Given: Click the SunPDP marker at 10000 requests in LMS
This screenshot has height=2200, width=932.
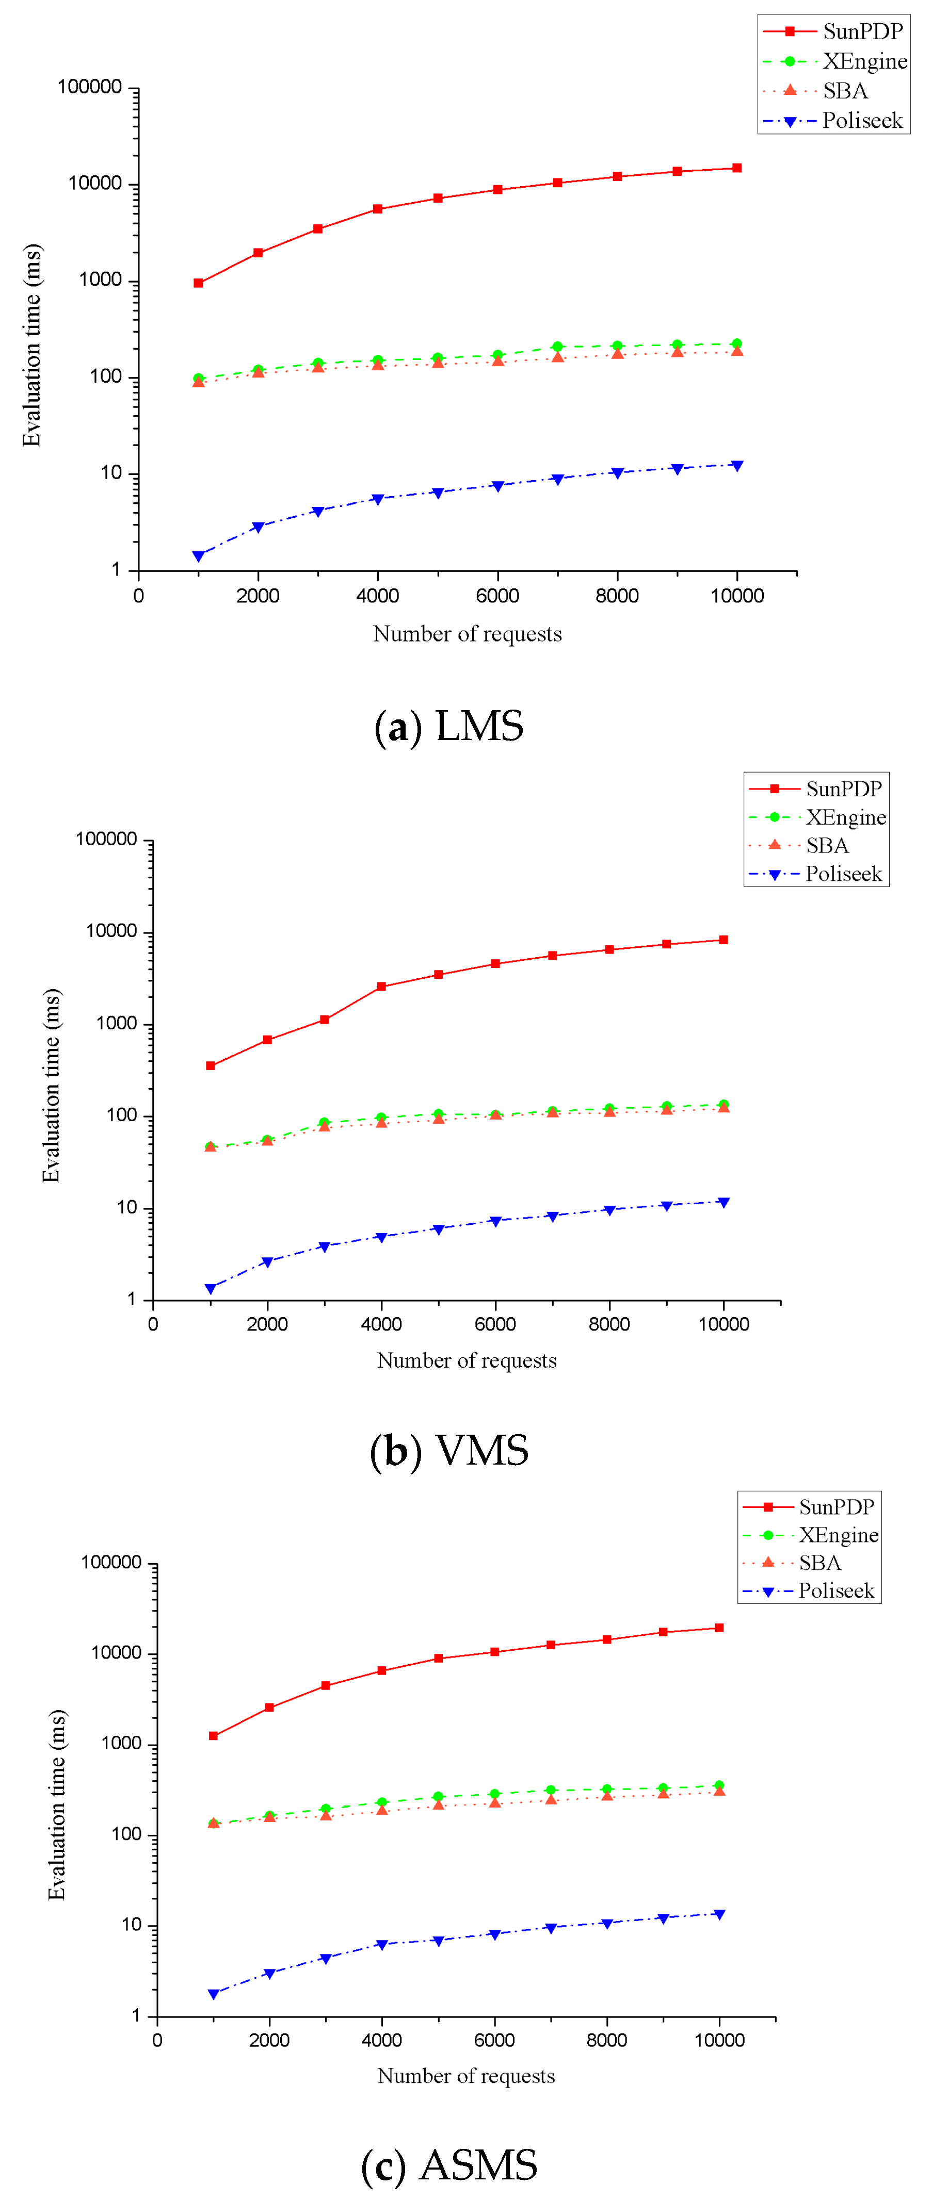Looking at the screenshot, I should [x=736, y=168].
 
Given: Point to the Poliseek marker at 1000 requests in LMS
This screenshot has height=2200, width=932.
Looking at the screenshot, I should [x=198, y=556].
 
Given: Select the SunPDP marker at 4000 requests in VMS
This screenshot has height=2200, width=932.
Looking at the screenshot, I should [x=381, y=987].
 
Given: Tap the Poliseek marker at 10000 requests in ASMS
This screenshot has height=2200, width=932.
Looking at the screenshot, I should [x=719, y=1914].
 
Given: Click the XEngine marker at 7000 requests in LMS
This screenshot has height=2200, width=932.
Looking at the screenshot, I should [x=557, y=347].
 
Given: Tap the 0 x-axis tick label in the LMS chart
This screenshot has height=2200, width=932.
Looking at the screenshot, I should [x=138, y=596].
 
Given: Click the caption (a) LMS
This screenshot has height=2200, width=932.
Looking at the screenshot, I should [x=448, y=726].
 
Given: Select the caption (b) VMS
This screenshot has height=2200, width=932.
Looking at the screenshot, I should [x=448, y=1450].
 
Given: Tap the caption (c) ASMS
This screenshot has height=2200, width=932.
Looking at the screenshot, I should [x=448, y=2165].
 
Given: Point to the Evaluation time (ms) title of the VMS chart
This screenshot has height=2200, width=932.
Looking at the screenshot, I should [x=51, y=1085].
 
